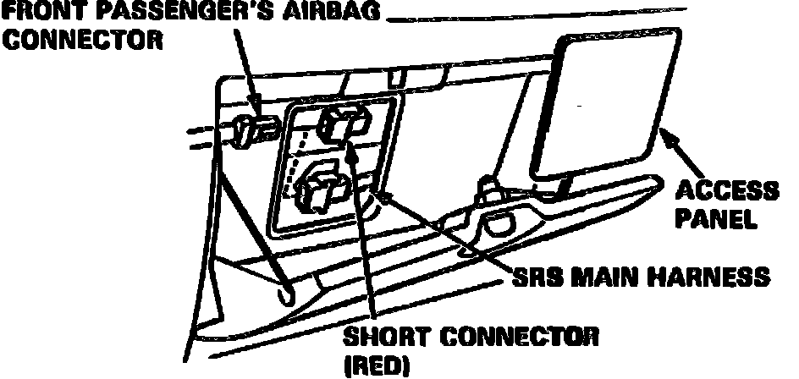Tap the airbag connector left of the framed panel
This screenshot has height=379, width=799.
pyautogui.click(x=251, y=129)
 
